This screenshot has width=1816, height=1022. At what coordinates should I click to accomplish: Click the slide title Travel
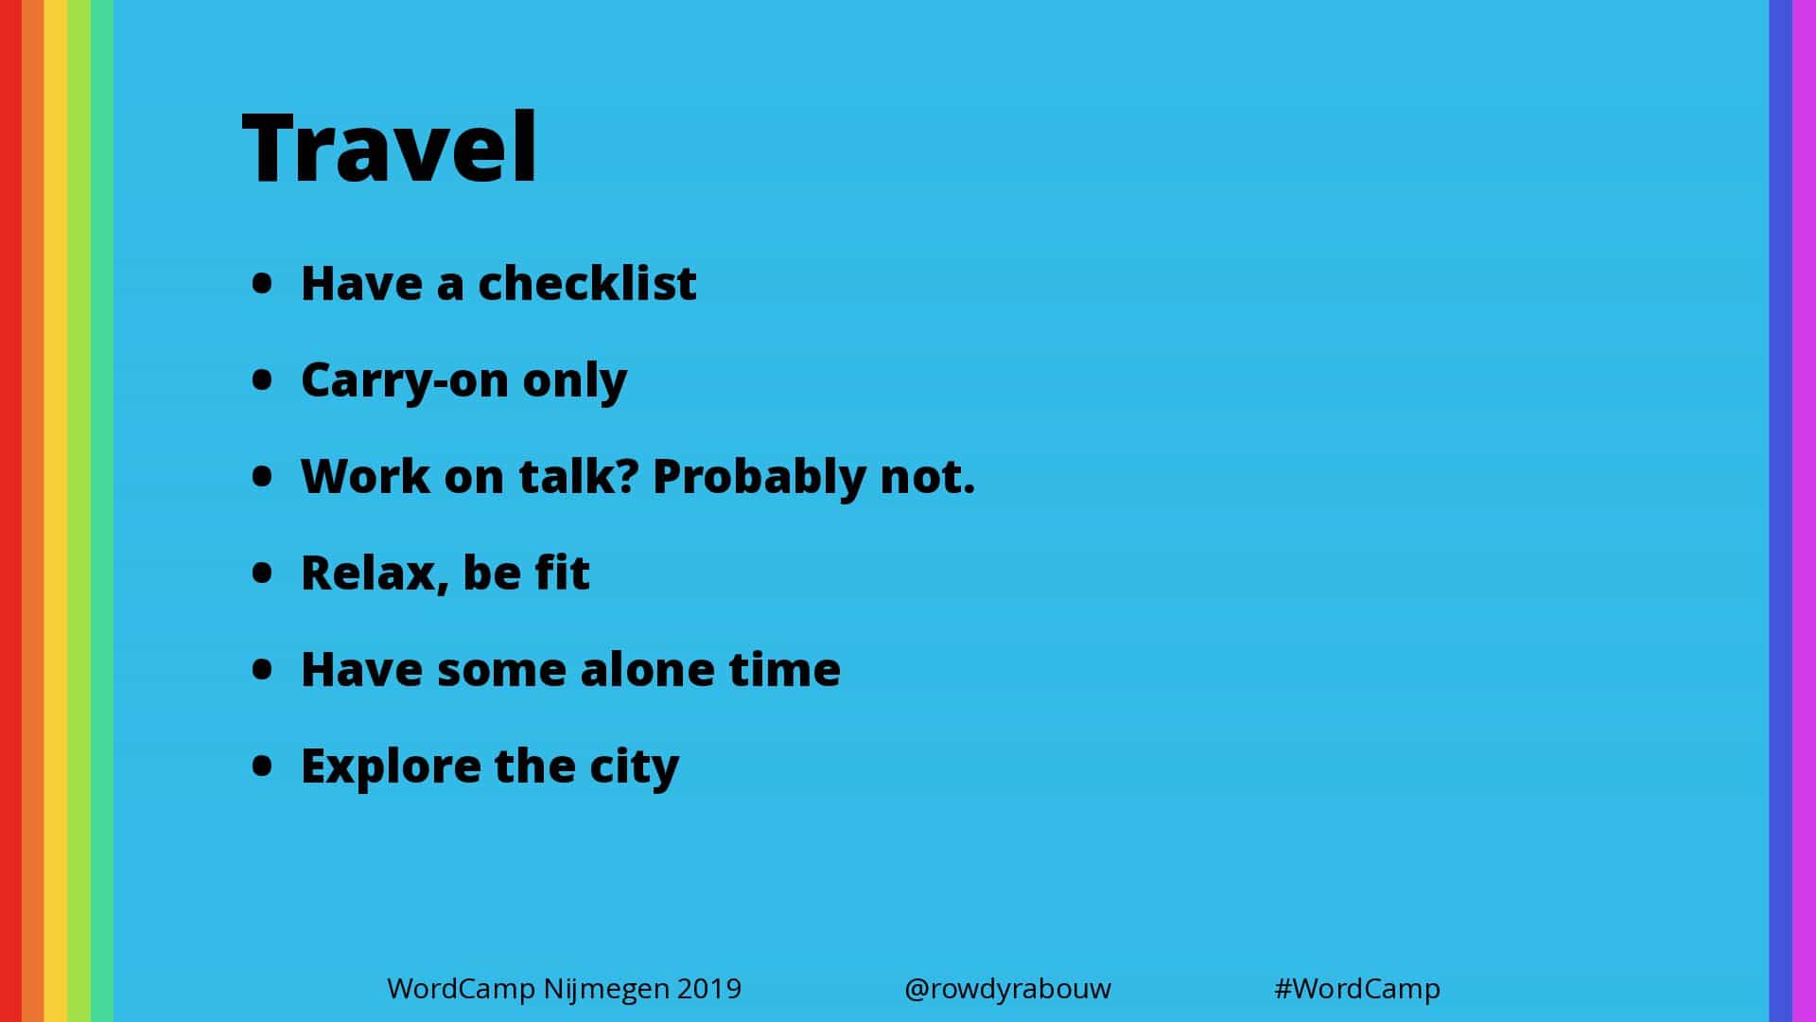point(390,147)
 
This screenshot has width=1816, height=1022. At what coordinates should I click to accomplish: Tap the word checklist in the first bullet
point(587,282)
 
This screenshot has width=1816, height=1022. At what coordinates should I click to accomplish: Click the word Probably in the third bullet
point(759,477)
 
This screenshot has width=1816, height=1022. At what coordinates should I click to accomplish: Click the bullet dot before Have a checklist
point(262,283)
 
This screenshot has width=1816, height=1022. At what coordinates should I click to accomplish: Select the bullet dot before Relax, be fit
point(262,573)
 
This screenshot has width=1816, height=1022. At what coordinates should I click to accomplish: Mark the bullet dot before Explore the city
point(262,765)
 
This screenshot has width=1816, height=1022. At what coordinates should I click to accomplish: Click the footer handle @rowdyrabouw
point(1007,989)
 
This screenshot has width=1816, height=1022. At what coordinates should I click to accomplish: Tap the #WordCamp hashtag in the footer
point(1357,989)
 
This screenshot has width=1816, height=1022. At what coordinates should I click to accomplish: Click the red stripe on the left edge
point(10,511)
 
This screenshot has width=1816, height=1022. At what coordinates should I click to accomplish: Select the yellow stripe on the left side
point(56,511)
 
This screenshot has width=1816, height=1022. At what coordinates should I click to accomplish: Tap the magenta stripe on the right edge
point(1805,511)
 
